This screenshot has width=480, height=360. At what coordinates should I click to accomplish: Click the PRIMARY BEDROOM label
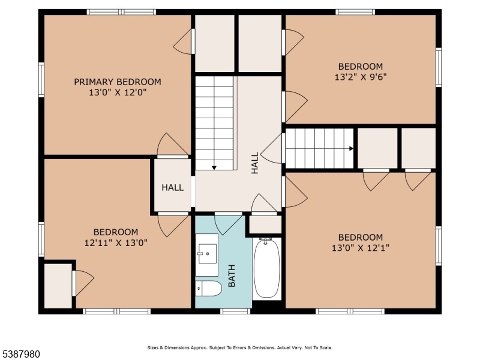(x=118, y=82)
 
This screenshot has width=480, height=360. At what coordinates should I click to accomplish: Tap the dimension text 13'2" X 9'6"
(x=361, y=77)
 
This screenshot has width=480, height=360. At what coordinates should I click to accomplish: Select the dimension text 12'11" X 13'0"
(x=116, y=243)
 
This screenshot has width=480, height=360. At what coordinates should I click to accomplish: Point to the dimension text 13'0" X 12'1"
(x=361, y=248)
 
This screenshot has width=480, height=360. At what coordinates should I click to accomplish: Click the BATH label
(x=232, y=275)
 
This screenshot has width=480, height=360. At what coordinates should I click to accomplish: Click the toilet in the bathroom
(x=208, y=289)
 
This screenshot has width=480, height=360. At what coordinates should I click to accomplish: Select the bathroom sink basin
(x=208, y=254)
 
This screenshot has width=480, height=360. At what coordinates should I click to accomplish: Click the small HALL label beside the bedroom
(x=173, y=187)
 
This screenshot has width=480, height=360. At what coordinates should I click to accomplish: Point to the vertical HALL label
(x=254, y=163)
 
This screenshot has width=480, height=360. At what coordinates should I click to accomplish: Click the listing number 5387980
(x=20, y=354)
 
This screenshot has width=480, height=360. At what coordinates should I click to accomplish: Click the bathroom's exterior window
(x=235, y=311)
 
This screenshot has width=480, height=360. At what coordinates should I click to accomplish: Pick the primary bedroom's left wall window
(x=41, y=80)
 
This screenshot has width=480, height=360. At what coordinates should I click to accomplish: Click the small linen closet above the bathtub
(x=265, y=224)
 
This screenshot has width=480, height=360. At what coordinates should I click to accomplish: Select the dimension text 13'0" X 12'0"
(x=118, y=92)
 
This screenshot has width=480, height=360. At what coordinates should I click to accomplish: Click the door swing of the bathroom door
(x=228, y=225)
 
